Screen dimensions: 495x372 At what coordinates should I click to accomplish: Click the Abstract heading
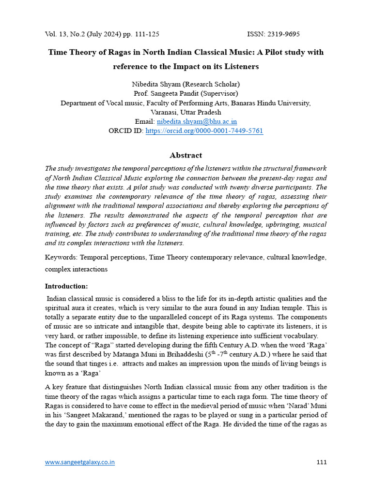(186, 155)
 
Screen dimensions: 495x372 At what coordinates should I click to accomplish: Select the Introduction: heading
(66, 286)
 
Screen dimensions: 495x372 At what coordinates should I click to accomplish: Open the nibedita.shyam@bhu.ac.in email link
(197, 122)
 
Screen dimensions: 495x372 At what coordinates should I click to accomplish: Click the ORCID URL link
(204, 131)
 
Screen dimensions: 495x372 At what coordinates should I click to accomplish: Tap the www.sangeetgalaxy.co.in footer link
(80, 462)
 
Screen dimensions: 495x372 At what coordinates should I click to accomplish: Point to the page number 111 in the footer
(321, 462)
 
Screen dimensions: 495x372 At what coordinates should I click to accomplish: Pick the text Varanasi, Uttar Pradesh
(186, 112)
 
